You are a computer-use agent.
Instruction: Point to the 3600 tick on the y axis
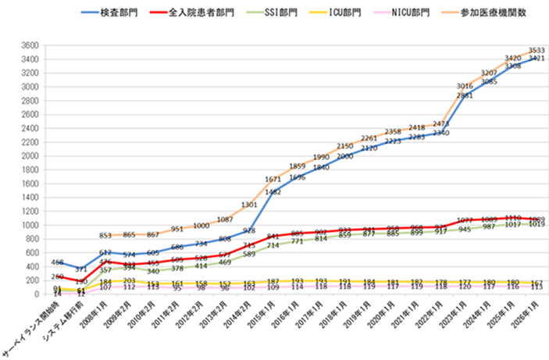[29, 45]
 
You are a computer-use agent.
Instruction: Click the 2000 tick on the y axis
[29, 155]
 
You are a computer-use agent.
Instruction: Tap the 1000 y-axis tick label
[29, 225]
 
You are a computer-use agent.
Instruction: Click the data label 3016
[464, 86]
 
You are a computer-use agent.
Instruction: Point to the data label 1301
[248, 205]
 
